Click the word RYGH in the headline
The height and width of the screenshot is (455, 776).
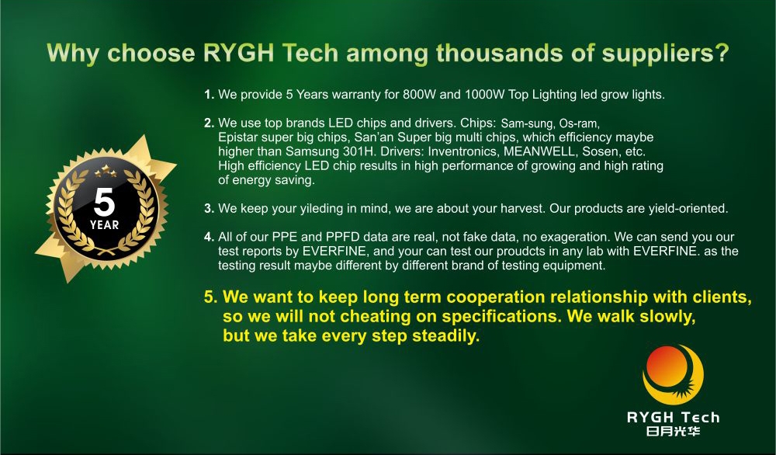point(238,53)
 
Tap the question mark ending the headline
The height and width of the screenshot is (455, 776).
point(722,53)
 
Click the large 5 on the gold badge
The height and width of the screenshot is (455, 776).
point(105,202)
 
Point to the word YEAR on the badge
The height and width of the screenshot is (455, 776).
point(105,225)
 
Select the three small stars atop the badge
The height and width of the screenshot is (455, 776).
point(106,172)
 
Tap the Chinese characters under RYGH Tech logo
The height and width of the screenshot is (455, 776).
point(673,431)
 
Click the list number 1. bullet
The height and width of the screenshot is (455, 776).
point(209,95)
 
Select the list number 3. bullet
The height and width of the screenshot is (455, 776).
point(209,208)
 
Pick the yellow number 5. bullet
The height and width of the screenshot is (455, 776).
point(211,297)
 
